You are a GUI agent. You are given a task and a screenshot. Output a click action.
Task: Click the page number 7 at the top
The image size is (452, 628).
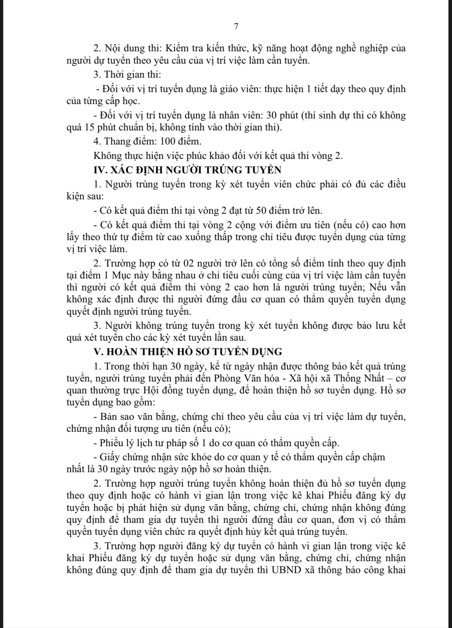[x=236, y=26]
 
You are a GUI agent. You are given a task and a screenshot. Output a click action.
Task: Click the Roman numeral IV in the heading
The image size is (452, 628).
[x=100, y=170]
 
